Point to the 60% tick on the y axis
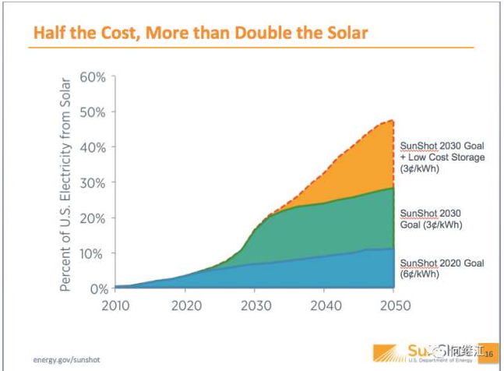click(x=93, y=78)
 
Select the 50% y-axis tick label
click(x=93, y=113)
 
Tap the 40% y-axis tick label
click(x=93, y=148)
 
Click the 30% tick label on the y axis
click(x=93, y=183)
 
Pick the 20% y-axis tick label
click(x=93, y=218)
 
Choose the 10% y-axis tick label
click(x=93, y=253)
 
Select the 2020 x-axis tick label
click(x=185, y=305)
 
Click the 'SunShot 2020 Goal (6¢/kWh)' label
click(x=441, y=269)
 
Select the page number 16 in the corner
click(x=489, y=355)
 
